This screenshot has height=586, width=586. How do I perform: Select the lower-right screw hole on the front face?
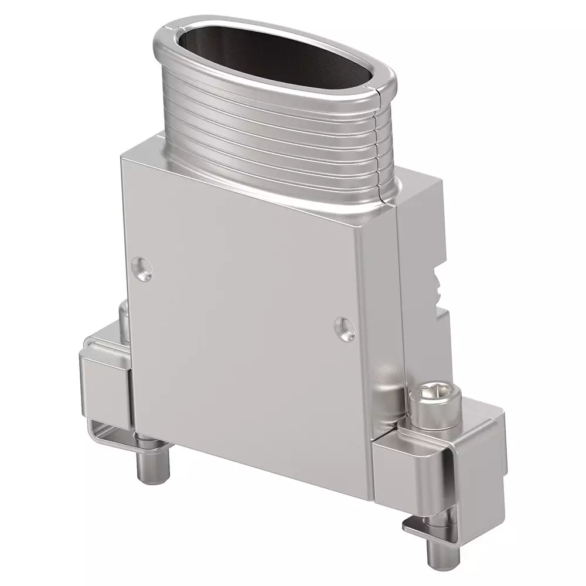point(344,329)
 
